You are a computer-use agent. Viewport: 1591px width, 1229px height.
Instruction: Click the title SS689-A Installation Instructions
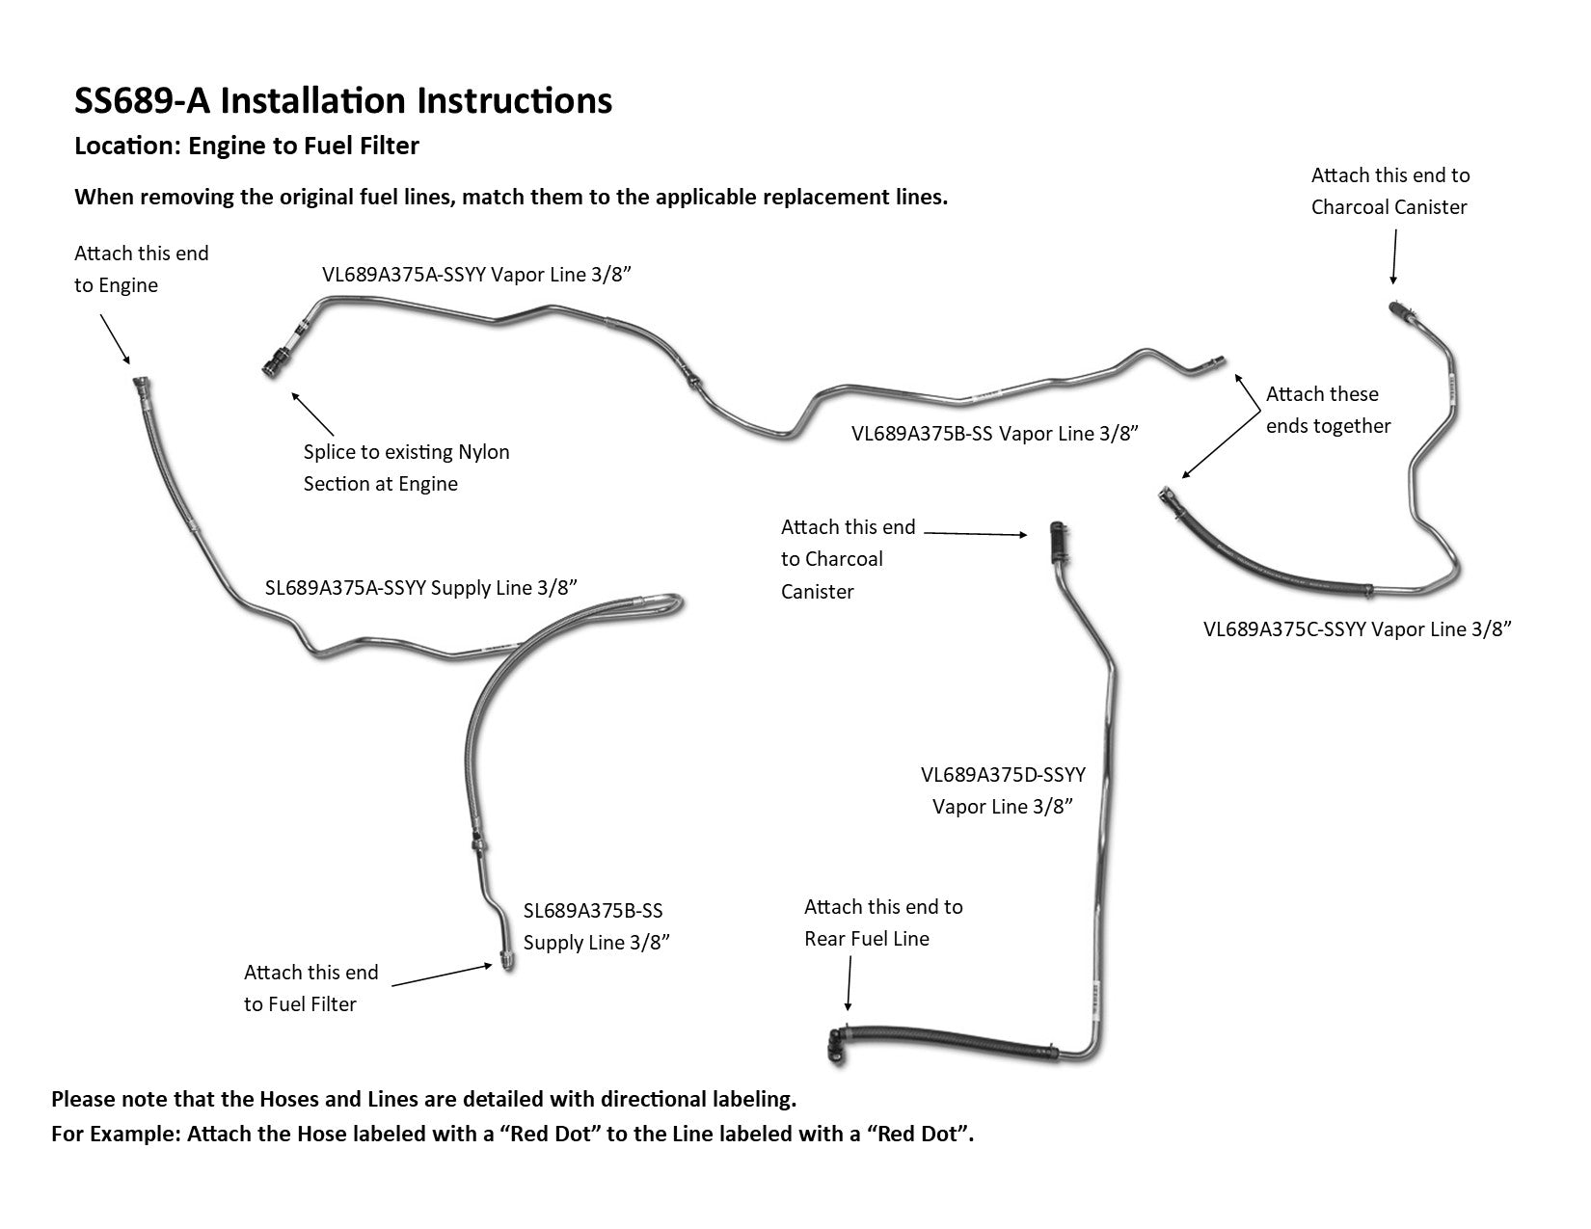[343, 101]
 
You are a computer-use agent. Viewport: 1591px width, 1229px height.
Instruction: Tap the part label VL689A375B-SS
[922, 433]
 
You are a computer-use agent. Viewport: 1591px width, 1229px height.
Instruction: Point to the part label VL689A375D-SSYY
[1003, 775]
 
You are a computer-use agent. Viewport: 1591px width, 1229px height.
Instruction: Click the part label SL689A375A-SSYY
[345, 588]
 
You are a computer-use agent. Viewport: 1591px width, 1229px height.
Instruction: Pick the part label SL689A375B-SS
[593, 911]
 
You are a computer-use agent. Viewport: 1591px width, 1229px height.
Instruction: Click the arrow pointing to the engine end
[115, 339]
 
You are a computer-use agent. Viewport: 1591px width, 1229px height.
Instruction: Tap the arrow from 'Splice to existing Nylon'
[312, 414]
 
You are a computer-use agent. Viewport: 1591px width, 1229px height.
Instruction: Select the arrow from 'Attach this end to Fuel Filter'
[443, 975]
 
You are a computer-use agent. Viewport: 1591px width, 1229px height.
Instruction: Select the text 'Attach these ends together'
[1328, 410]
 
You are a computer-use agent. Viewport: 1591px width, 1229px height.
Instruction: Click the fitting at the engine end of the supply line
[140, 385]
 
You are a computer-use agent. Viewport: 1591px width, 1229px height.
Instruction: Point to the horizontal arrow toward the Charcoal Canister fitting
[976, 532]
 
